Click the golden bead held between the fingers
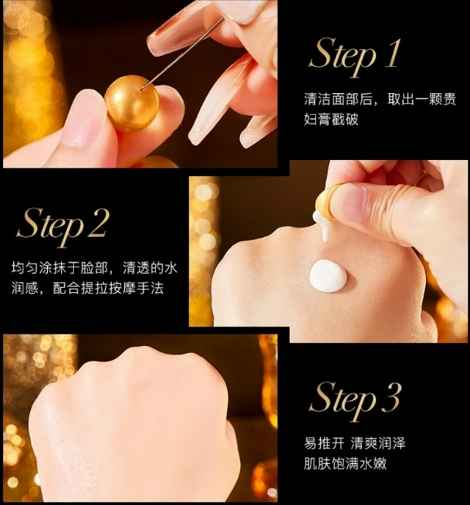click(x=131, y=103)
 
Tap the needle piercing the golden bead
click(x=182, y=52)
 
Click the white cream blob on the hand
click(x=328, y=276)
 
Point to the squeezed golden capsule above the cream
click(x=326, y=199)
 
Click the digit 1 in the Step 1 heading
click(x=391, y=53)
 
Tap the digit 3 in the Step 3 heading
click(x=391, y=397)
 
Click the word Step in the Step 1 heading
click(x=343, y=57)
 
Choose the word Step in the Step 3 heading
click(x=343, y=402)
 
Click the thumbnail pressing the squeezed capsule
click(x=350, y=203)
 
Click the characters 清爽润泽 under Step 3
click(x=378, y=444)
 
